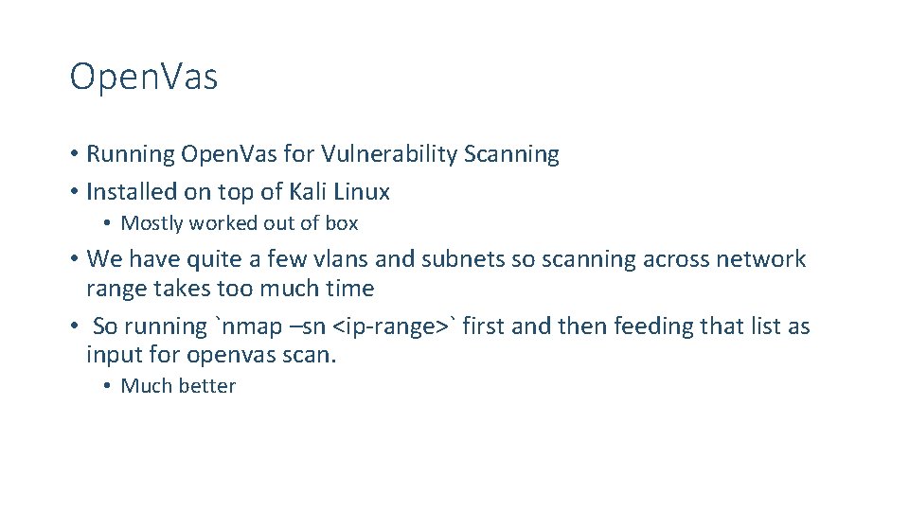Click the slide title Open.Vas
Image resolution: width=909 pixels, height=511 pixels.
click(144, 78)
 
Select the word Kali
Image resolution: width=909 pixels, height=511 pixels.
click(312, 192)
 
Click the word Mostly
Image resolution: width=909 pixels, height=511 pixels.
click(152, 224)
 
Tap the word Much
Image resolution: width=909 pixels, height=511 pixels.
click(144, 386)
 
